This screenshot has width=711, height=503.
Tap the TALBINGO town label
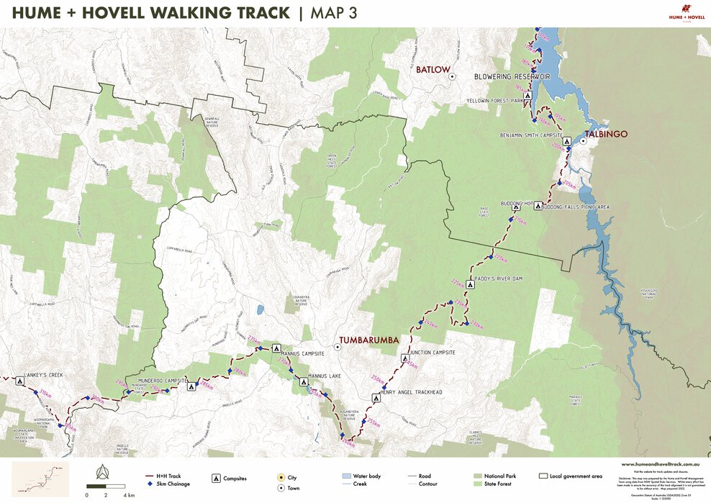[606, 134]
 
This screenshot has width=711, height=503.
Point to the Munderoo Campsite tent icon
[191, 386]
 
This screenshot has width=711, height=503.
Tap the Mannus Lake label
[327, 376]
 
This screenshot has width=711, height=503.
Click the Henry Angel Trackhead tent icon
[375, 396]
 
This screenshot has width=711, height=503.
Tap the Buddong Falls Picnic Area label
[575, 207]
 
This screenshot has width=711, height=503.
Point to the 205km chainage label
[569, 186]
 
